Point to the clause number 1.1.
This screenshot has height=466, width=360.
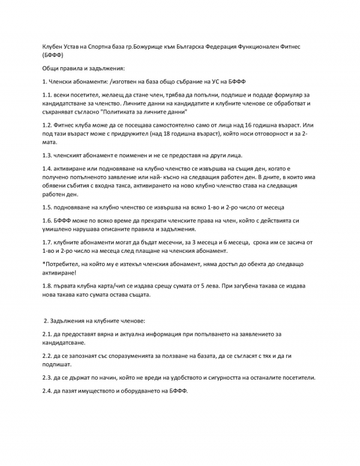click(47, 95)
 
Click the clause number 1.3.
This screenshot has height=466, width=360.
click(47, 156)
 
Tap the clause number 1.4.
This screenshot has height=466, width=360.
click(47, 169)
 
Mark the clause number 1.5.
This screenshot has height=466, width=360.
click(47, 207)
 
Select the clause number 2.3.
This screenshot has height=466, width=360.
click(47, 378)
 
